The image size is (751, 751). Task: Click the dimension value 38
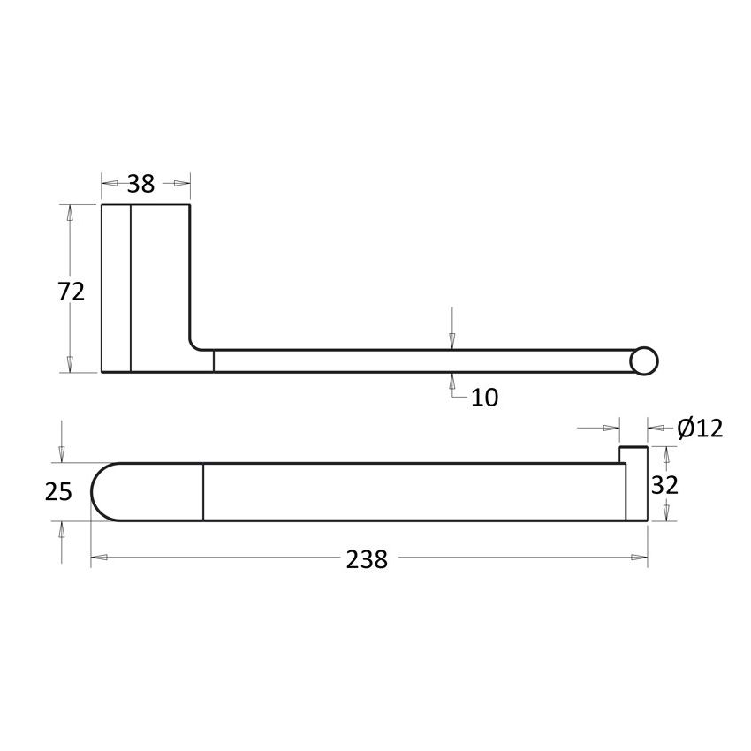(140, 184)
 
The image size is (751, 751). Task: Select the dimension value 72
(72, 291)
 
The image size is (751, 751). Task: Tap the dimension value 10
(484, 398)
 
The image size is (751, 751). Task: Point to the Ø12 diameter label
(700, 429)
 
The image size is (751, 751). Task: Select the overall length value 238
(368, 558)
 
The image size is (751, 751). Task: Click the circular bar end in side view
(645, 361)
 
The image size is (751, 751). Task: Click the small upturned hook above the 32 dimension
(633, 455)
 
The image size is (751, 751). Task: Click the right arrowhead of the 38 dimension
(181, 184)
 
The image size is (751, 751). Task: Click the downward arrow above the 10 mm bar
(452, 340)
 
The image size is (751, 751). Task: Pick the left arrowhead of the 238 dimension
(100, 558)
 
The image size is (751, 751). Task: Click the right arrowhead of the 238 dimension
(639, 558)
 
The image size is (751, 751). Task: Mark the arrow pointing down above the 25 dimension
(61, 452)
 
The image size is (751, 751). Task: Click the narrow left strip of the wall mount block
(116, 288)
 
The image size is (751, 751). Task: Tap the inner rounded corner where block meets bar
(195, 344)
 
